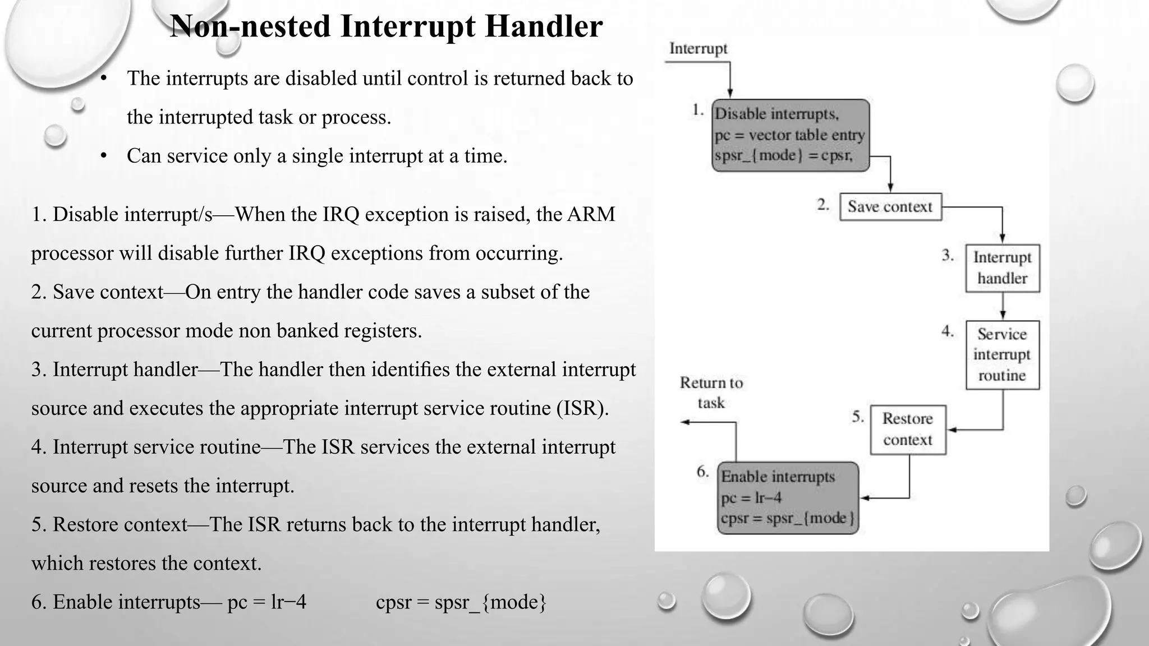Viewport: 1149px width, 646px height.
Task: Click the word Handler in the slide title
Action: [544, 26]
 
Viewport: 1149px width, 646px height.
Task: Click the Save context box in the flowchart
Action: [890, 207]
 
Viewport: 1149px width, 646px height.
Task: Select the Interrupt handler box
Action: [1003, 268]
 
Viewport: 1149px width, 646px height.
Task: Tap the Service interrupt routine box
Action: [1003, 354]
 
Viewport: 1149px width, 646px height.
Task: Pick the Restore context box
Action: [908, 430]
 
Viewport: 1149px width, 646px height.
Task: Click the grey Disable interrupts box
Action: [790, 135]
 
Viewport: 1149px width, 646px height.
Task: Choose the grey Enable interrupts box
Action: [788, 497]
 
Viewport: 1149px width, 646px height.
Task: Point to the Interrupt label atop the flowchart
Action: [698, 49]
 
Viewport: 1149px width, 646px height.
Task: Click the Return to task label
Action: [711, 393]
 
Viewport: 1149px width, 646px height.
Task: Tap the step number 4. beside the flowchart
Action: [948, 331]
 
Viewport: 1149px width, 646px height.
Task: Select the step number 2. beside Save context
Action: [823, 205]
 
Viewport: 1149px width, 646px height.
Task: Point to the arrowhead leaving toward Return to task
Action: [684, 422]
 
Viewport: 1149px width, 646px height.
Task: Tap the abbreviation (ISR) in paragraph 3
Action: [582, 408]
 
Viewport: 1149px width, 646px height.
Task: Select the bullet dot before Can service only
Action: [104, 156]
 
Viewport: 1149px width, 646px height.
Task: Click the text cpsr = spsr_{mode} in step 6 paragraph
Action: [461, 602]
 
